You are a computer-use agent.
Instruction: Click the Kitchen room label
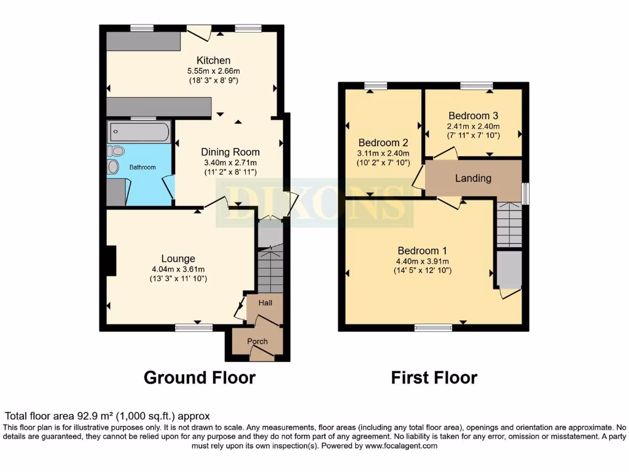213,60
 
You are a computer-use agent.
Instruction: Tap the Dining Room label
230,152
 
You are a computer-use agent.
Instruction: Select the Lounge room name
178,259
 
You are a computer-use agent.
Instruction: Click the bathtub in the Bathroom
139,132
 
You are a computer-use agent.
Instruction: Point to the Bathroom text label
143,167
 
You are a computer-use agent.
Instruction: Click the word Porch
257,342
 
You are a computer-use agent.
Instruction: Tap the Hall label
265,303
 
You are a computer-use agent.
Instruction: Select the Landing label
473,178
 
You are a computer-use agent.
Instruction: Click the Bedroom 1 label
422,250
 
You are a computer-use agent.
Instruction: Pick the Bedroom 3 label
473,116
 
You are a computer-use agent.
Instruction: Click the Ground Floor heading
199,377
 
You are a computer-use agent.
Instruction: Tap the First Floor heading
434,377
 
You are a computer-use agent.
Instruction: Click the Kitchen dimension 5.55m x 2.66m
213,71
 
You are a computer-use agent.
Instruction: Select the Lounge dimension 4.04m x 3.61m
178,269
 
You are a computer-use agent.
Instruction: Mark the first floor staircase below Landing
509,225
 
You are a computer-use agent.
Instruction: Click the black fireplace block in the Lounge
111,260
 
